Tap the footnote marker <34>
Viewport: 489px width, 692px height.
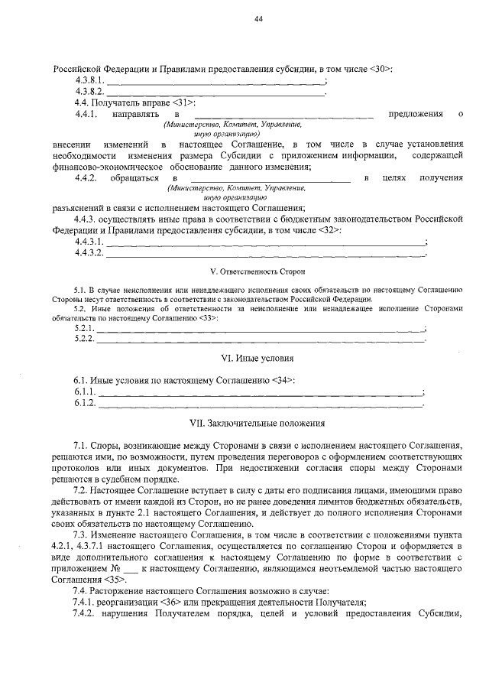click(x=282, y=380)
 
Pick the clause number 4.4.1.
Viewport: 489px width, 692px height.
click(x=85, y=114)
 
